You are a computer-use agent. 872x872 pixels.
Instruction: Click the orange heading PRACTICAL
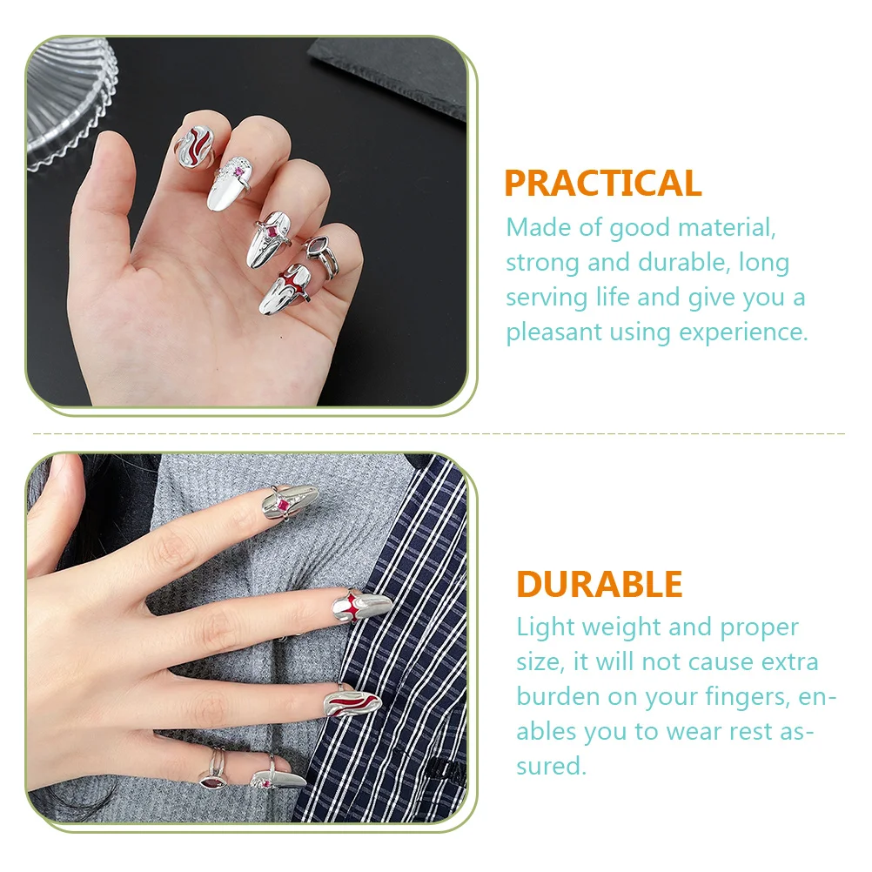tap(602, 184)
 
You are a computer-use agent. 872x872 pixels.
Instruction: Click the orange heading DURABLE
tap(599, 584)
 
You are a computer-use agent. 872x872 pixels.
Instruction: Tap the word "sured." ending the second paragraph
tap(551, 766)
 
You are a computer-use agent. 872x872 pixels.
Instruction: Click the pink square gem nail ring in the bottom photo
tap(285, 504)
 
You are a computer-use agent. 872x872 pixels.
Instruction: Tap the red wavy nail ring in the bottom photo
tap(352, 697)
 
